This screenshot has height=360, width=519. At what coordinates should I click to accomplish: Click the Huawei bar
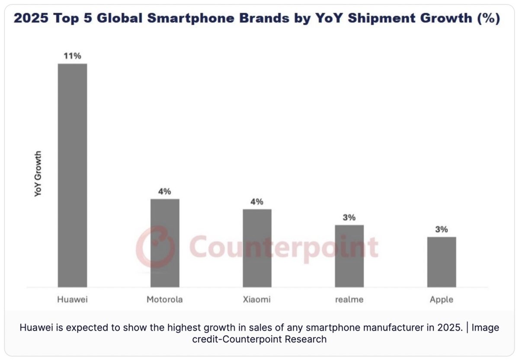72,175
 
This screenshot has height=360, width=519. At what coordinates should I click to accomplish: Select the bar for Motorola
165,243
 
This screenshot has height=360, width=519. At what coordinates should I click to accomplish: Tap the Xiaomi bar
257,248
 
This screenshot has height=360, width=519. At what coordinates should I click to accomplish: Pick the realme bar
349,256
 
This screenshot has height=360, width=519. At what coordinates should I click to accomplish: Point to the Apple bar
441,262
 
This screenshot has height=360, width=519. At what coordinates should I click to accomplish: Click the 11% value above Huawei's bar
72,56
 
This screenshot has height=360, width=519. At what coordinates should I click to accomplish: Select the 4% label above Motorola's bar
165,191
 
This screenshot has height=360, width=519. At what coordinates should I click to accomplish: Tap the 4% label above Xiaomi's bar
257,201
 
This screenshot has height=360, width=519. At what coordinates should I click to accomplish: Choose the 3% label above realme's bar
349,217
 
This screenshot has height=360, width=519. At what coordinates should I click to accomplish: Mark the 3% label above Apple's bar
441,229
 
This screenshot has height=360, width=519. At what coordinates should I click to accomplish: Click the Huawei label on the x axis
72,299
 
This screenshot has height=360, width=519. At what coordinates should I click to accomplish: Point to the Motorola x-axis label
165,299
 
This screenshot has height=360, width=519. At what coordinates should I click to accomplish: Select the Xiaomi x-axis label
257,299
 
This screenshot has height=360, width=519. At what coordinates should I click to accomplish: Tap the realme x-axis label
349,299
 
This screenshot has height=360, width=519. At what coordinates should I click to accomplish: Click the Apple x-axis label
441,299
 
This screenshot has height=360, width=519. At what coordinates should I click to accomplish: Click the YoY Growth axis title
38,174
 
